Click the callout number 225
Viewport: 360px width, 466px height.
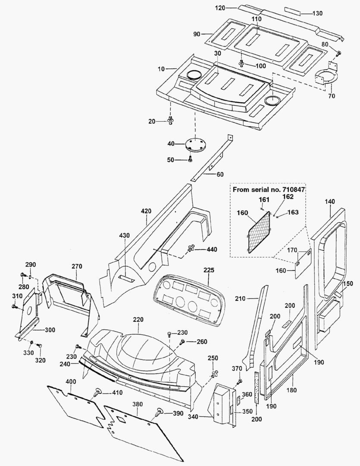point(209,270)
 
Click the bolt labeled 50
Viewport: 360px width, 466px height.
point(190,160)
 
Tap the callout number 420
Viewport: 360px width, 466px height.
point(146,211)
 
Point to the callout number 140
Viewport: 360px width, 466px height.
point(329,201)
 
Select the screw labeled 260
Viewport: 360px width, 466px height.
point(183,342)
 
